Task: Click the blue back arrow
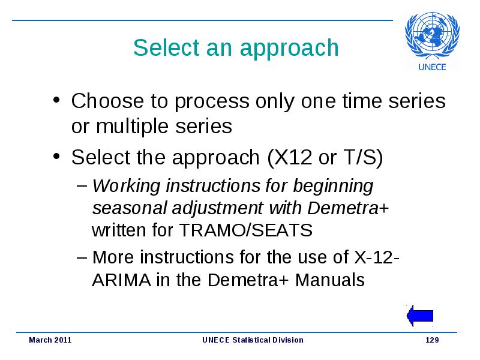pos(419,316)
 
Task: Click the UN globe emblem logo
pos(432,35)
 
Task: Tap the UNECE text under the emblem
pos(432,67)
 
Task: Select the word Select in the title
pos(167,48)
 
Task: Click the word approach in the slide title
pos(289,49)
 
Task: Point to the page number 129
pos(432,340)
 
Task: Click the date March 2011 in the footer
pos(50,340)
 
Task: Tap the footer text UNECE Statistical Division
pos(253,340)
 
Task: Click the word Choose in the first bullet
pos(107,101)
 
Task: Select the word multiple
pos(132,127)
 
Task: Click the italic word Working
pos(127,187)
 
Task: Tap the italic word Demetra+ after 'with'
pos(348,208)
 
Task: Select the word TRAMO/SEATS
pos(246,230)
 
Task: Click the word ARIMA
pos(121,280)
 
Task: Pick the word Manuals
pos(329,280)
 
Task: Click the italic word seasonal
pos(129,208)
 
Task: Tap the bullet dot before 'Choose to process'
pos(56,100)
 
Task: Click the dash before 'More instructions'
pos(82,257)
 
